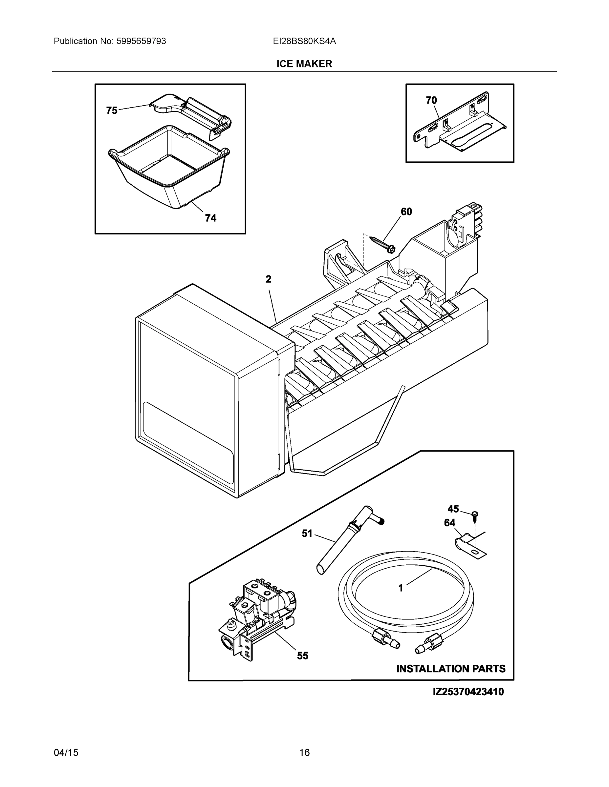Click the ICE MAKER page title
[304, 64]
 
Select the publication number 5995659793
[141, 41]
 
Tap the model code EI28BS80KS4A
[304, 41]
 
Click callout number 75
[112, 110]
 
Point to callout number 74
[211, 218]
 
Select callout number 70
[431, 101]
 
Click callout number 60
[406, 212]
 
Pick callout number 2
[269, 279]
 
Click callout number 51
[307, 533]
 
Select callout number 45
[453, 509]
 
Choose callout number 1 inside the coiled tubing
[401, 588]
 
